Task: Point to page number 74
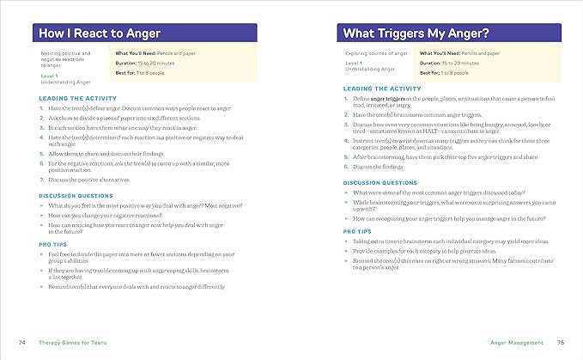click(x=22, y=342)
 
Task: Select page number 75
click(x=560, y=342)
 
